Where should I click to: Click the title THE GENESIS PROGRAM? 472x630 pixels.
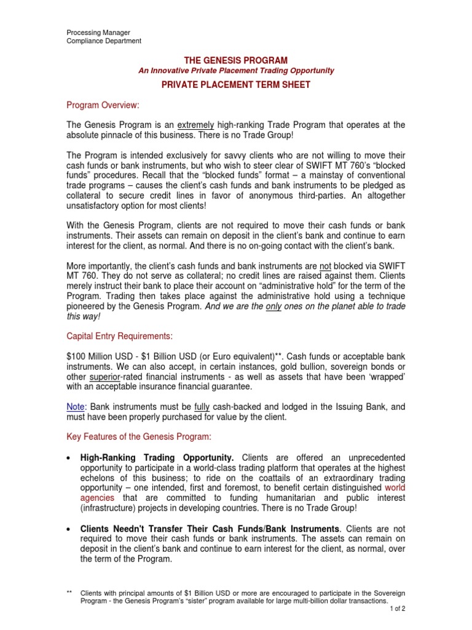click(236, 60)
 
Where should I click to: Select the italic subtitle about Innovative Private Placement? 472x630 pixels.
click(236, 71)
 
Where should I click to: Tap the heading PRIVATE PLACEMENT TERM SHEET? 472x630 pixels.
click(236, 85)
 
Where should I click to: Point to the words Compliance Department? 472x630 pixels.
click(104, 41)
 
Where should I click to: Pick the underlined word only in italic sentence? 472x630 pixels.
click(273, 306)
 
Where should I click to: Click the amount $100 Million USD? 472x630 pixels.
click(97, 357)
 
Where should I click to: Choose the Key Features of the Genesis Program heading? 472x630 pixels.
click(139, 437)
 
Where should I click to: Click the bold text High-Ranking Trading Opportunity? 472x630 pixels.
click(157, 458)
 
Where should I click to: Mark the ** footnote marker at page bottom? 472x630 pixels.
click(69, 592)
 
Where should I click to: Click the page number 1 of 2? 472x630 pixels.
click(397, 608)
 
